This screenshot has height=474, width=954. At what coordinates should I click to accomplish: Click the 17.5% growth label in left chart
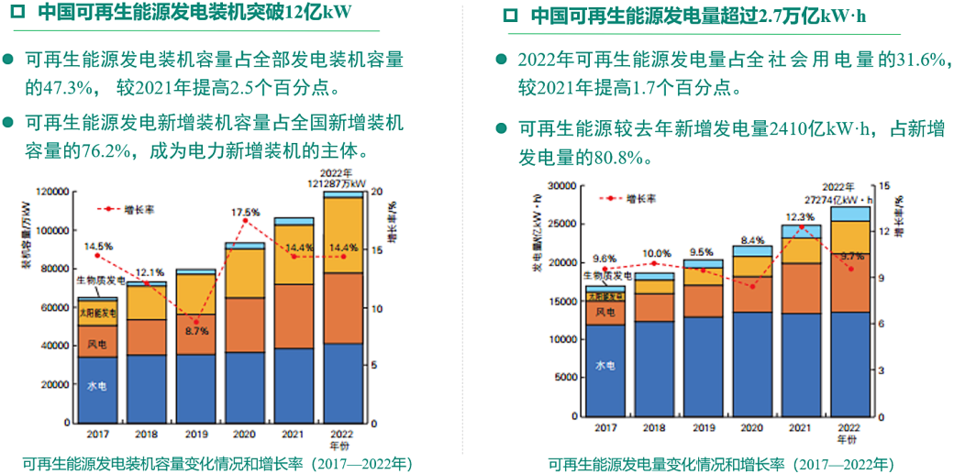click(x=244, y=212)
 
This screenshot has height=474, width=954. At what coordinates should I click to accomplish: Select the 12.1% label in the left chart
click(x=150, y=272)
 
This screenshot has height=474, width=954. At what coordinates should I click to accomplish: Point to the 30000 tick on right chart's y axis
click(x=558, y=187)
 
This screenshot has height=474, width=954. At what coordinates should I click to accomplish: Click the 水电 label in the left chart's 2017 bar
click(x=97, y=387)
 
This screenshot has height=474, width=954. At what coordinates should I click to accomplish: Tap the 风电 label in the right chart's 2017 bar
click(x=605, y=313)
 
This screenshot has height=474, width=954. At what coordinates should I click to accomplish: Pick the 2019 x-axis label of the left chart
click(x=195, y=434)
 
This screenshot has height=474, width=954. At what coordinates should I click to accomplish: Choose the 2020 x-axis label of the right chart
click(x=750, y=427)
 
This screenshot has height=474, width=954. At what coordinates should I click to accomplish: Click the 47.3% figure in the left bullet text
click(x=67, y=90)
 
